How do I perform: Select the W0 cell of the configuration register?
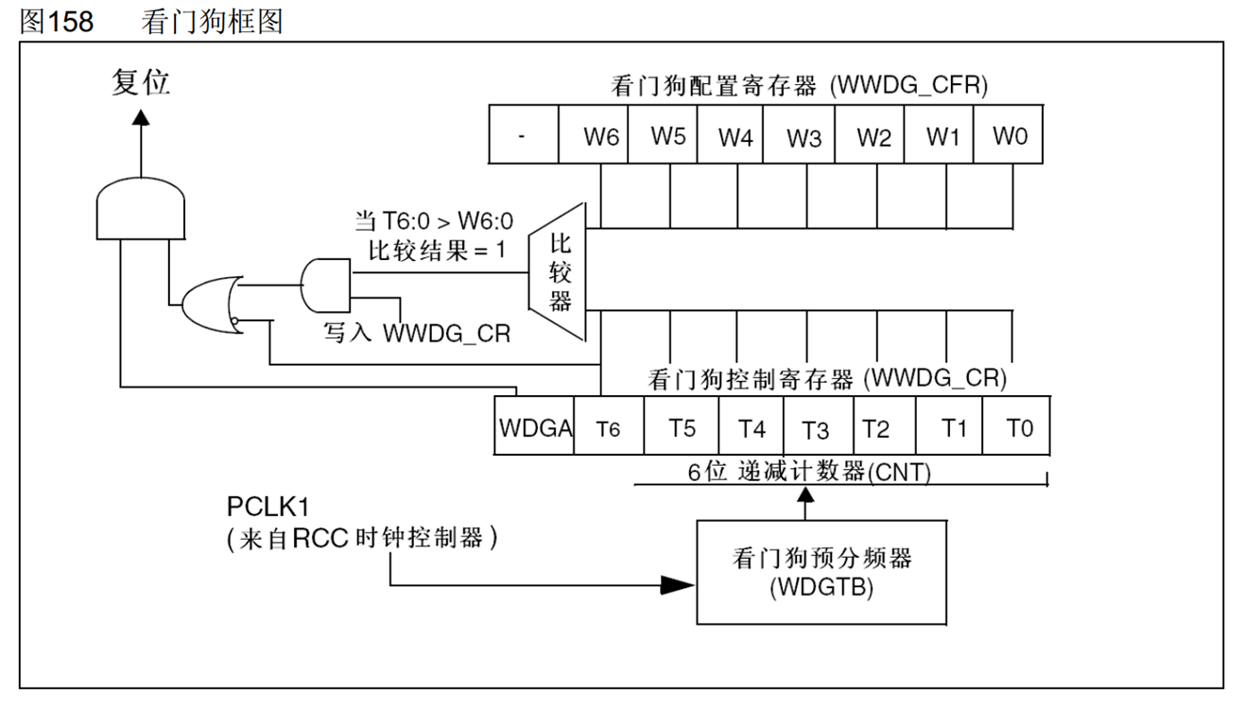1009,135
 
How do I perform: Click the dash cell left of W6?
523,135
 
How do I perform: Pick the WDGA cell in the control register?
534,428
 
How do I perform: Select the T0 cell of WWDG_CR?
1018,428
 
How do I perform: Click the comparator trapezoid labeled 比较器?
560,272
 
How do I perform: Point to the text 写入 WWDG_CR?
417,334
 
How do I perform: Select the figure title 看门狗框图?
212,21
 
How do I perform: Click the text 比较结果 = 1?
433,251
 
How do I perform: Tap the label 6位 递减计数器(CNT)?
808,472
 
